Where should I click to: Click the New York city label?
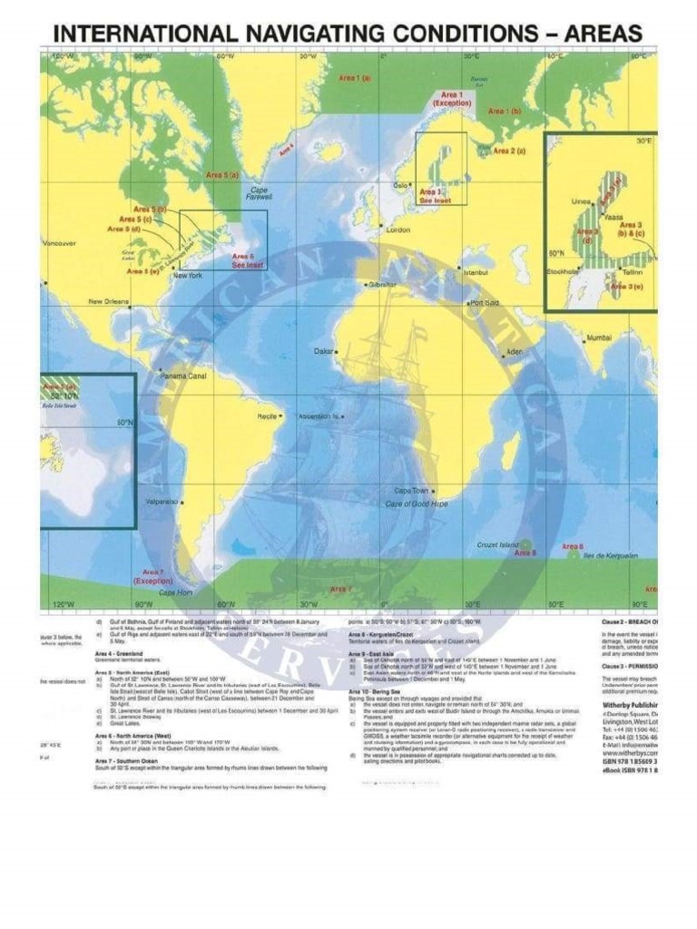pyautogui.click(x=187, y=275)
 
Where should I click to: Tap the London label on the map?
pyautogui.click(x=398, y=230)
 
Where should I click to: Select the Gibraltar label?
pyautogui.click(x=382, y=284)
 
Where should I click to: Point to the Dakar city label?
pyautogui.click(x=324, y=350)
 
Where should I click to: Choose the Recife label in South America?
pyautogui.click(x=267, y=416)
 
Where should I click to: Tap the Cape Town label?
pyautogui.click(x=411, y=491)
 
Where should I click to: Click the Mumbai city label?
pyautogui.click(x=599, y=337)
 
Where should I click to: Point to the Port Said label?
pyautogui.click(x=484, y=303)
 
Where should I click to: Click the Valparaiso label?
pyautogui.click(x=162, y=501)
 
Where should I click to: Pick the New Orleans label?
pyautogui.click(x=108, y=302)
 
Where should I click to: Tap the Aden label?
pyautogui.click(x=515, y=351)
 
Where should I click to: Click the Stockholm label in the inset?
pyautogui.click(x=563, y=271)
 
